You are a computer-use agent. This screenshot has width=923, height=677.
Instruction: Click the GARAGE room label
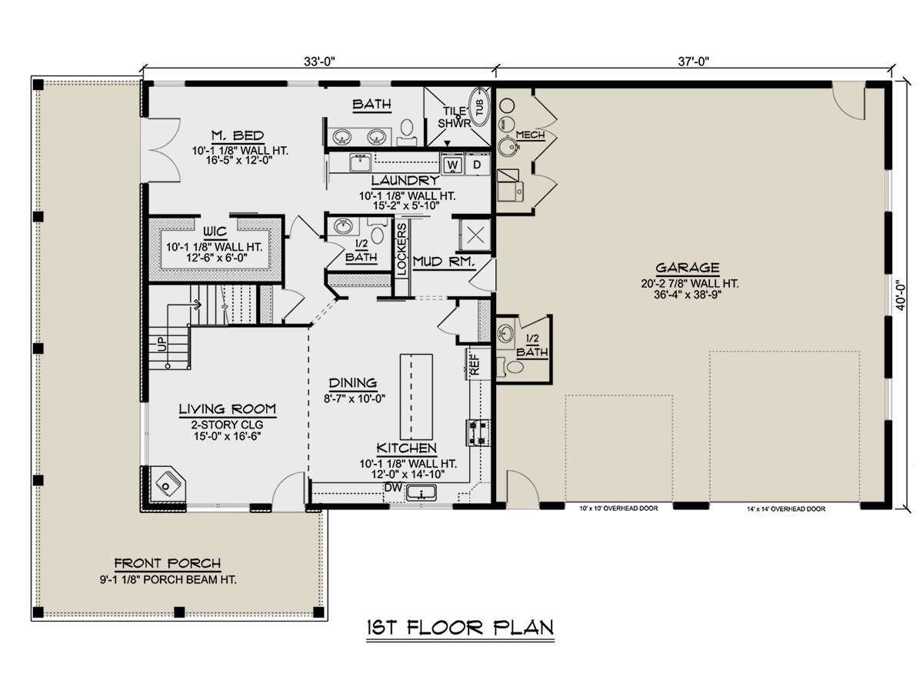point(688,268)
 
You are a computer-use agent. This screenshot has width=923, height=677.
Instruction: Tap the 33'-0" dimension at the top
point(319,62)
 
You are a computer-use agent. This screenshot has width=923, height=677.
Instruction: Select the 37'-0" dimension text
point(694,62)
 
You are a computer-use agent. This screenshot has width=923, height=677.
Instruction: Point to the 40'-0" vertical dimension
point(901,295)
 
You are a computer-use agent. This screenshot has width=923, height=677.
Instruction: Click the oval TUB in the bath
point(480,107)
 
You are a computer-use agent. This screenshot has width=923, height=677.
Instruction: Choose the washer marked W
point(452,165)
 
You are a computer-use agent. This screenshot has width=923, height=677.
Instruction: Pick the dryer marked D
point(477,165)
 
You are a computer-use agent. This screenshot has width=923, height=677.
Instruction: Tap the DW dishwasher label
point(393,488)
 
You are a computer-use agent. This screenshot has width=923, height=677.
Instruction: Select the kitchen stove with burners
point(478,432)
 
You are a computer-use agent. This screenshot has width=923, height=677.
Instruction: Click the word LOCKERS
point(402,249)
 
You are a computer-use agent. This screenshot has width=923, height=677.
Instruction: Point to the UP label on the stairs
point(163,344)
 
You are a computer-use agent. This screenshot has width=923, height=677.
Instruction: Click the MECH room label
point(530,135)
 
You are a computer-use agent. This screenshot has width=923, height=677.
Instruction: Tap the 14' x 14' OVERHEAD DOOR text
point(786,509)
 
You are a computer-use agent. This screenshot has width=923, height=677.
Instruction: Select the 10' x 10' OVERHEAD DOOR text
point(618,509)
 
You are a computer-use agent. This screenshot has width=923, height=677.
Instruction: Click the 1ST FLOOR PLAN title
point(460,628)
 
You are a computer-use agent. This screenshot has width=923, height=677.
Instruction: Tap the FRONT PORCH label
point(168,563)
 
